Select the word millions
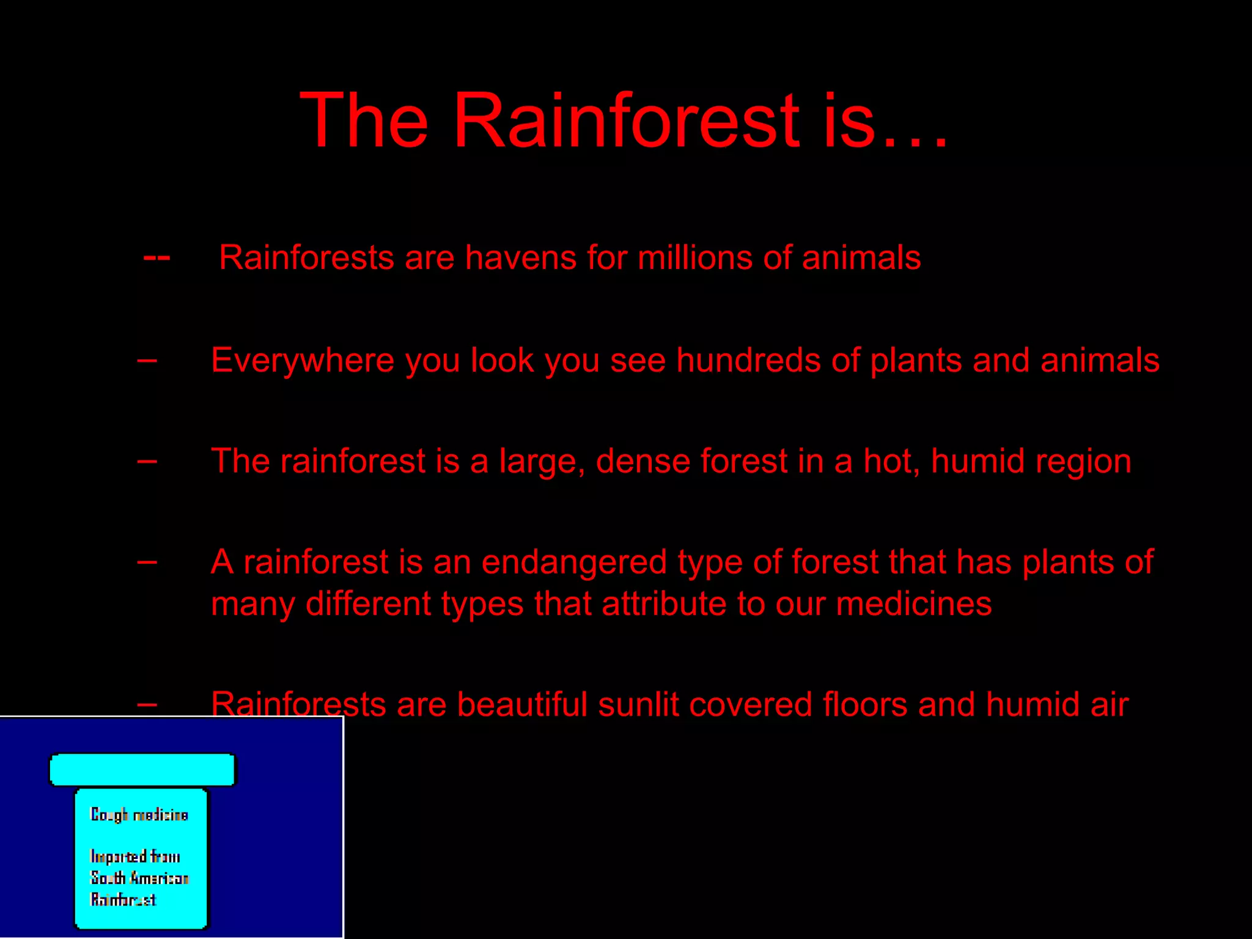(694, 257)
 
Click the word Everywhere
(303, 360)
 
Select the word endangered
(573, 562)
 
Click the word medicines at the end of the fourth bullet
(913, 604)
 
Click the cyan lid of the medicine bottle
(142, 770)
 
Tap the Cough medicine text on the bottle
(139, 815)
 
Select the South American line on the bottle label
(139, 878)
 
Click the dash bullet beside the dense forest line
(147, 462)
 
